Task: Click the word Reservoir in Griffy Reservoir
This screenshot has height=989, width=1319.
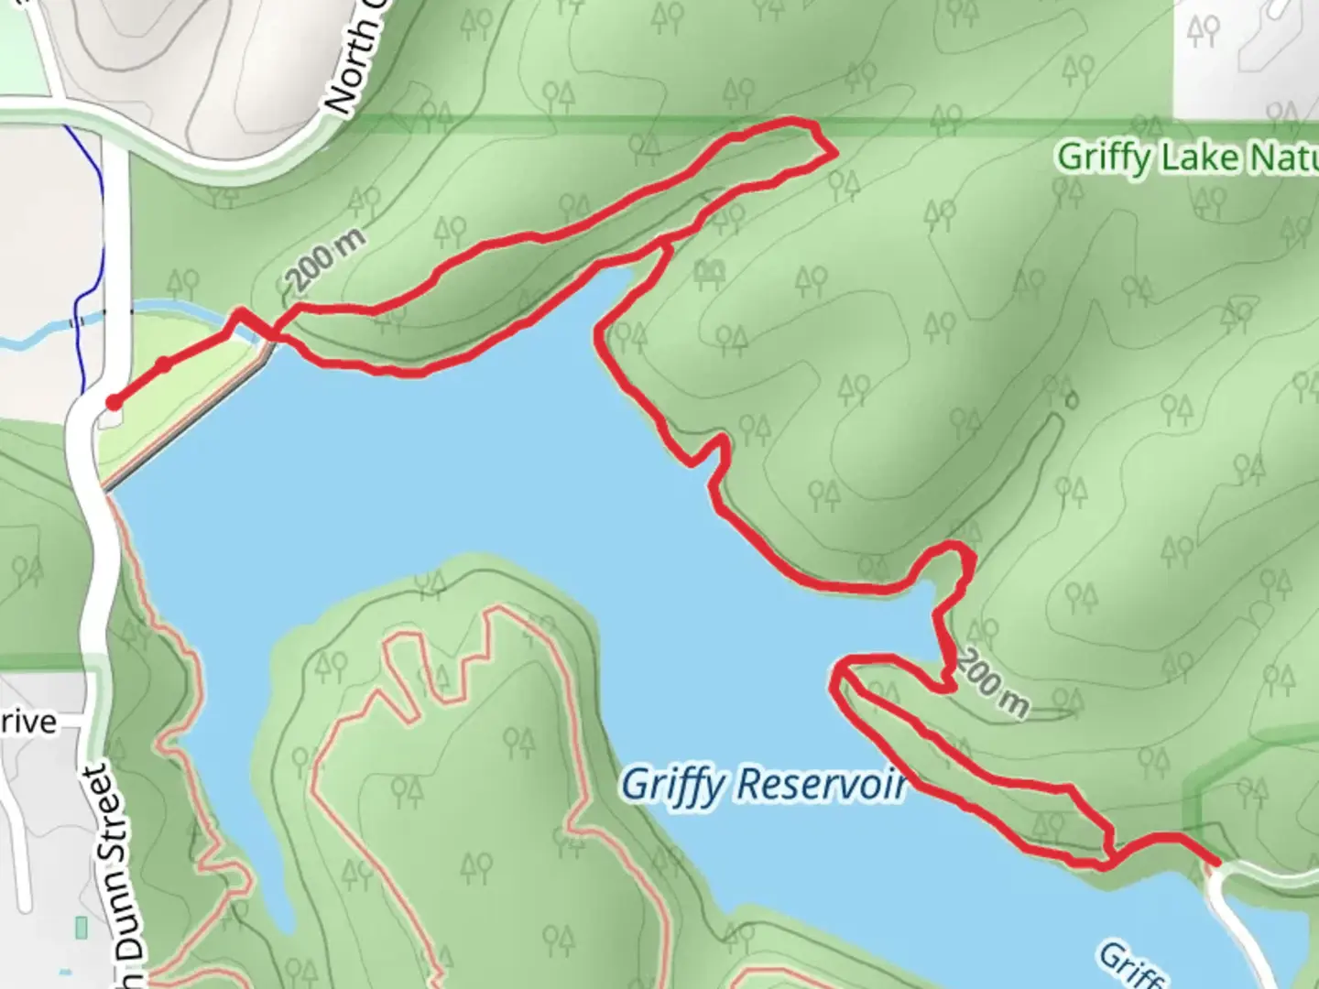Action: point(821,785)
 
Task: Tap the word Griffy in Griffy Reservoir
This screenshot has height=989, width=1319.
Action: point(673,785)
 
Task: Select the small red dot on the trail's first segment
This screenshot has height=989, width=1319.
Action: point(163,365)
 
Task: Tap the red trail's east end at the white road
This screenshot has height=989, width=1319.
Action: point(1216,862)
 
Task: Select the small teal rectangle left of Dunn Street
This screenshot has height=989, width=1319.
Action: point(81,929)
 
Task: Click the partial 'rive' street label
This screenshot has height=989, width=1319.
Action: point(27,723)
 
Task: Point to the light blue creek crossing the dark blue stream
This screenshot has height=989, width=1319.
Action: point(77,322)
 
